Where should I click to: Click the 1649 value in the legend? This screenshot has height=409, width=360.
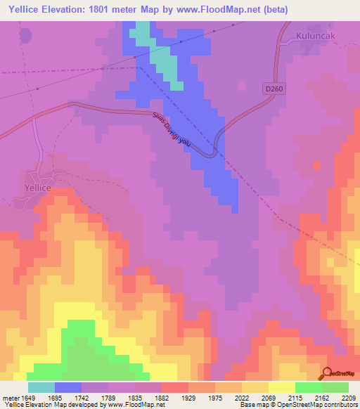coord(27,398)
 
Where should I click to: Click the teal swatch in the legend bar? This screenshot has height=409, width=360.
coord(41,387)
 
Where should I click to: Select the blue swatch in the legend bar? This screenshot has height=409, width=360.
coord(68,387)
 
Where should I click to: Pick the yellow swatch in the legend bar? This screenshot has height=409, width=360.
coord(281,387)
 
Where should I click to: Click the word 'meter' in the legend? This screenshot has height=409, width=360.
coord(8,398)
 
